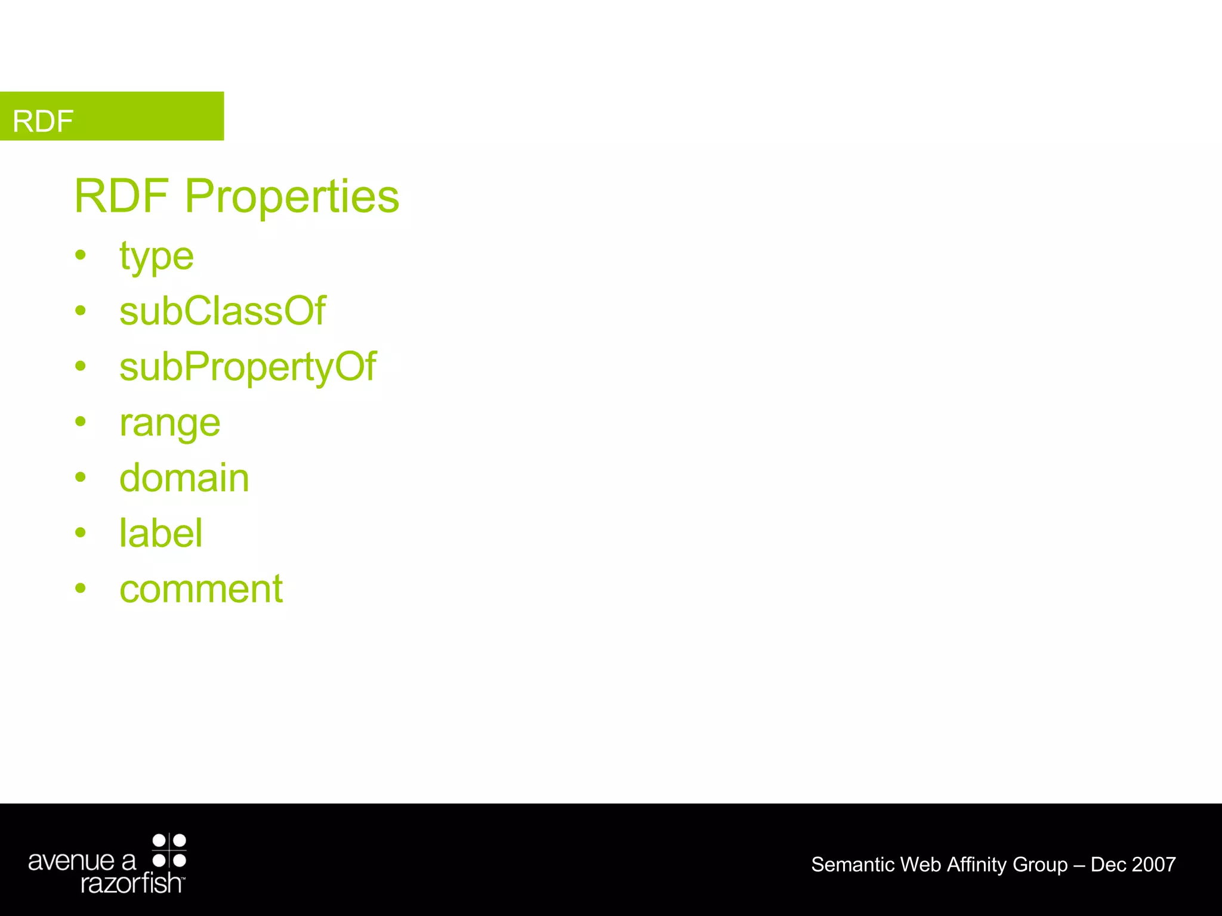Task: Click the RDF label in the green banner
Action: (43, 121)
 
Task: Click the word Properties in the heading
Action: (292, 196)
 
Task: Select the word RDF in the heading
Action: (122, 196)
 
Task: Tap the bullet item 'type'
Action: (156, 257)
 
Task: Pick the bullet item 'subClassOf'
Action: (223, 311)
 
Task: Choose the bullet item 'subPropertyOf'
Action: (248, 367)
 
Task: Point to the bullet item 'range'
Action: (170, 423)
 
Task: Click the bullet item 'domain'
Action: (184, 478)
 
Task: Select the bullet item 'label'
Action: (161, 533)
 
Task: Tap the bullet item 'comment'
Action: (201, 589)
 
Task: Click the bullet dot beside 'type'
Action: (81, 255)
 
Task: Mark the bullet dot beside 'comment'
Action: (81, 588)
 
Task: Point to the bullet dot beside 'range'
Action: (81, 422)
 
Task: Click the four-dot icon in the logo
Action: (169, 850)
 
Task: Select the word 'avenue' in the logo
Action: (71, 861)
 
